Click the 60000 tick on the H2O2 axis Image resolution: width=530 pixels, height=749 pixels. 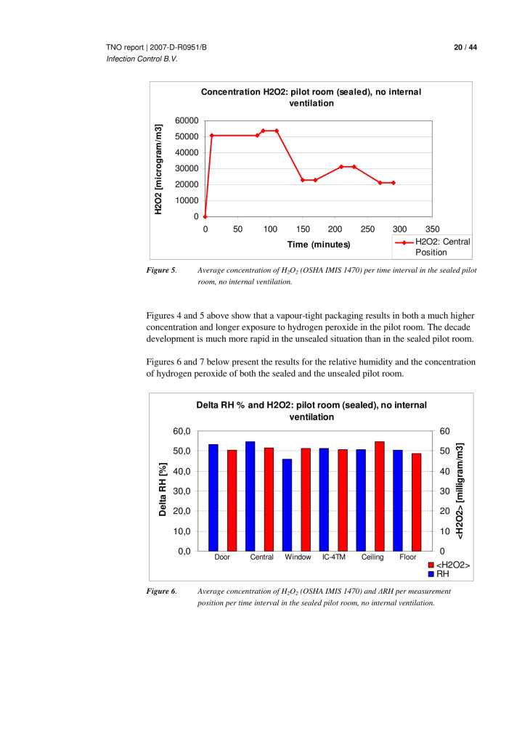coord(186,120)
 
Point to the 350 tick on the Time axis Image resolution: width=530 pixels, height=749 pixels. coord(433,229)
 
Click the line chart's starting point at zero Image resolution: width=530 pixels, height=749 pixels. coord(205,216)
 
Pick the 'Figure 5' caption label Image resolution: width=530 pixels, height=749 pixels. coord(163,271)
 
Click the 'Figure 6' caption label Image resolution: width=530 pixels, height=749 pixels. coord(163,592)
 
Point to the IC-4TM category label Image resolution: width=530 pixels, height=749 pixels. coord(334,557)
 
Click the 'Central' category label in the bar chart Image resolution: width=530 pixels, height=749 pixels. coord(261,557)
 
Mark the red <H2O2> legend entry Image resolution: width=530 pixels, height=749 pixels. coord(449,565)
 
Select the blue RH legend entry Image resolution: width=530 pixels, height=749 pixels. coord(441,573)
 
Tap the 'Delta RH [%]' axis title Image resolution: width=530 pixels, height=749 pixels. coord(163,491)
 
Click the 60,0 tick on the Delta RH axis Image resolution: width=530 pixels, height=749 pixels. coord(181,431)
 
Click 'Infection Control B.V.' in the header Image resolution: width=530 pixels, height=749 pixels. coord(142,59)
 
